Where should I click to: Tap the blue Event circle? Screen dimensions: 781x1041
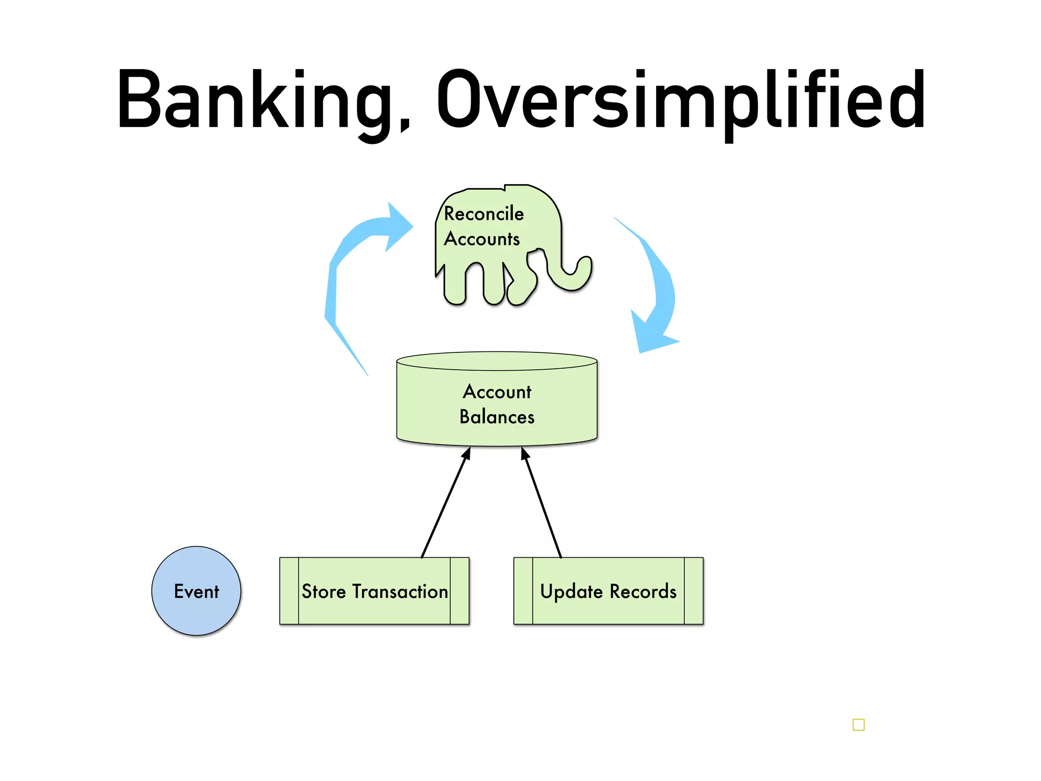tap(196, 591)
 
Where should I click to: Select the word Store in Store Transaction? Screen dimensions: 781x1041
tap(323, 591)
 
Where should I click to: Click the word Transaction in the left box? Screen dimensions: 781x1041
tap(400, 591)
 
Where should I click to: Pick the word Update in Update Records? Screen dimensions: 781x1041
tap(571, 592)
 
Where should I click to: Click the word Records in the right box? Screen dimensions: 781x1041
tap(643, 591)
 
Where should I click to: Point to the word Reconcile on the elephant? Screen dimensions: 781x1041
tap(483, 214)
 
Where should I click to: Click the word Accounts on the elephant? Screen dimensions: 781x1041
tap(482, 239)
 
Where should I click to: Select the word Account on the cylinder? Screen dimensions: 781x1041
tap(497, 392)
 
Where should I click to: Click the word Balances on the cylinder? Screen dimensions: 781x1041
tap(497, 417)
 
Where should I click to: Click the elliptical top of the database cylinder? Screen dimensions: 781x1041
tap(497, 361)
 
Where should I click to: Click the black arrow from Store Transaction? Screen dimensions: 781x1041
tap(445, 503)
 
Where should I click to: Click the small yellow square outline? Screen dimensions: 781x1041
tap(859, 725)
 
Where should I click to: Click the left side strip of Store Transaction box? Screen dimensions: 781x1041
tap(289, 591)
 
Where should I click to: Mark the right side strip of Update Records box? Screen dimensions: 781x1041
tap(693, 591)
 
